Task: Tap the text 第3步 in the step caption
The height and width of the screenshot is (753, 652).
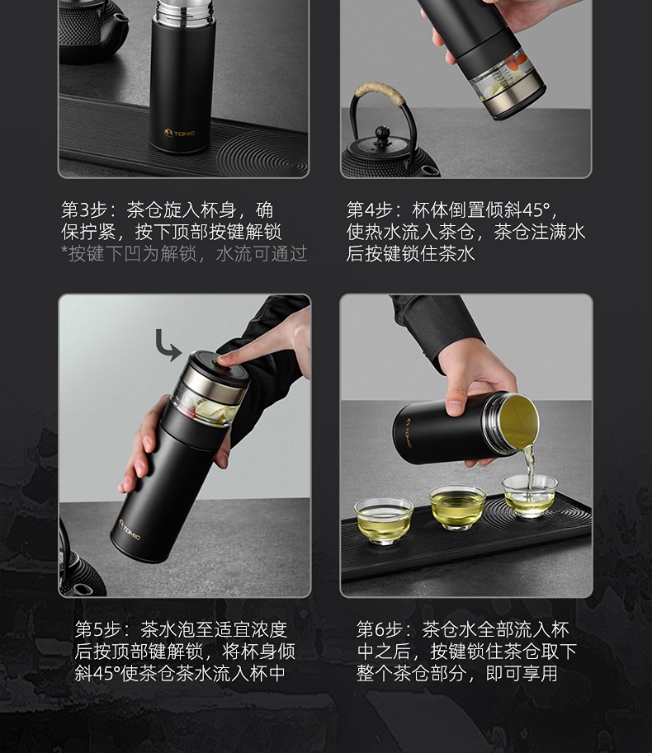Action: [x=84, y=210]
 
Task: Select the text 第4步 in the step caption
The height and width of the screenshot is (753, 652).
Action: [x=370, y=210]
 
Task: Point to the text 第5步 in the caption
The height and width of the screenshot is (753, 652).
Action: [x=97, y=629]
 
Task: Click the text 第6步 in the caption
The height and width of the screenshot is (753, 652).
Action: [x=379, y=629]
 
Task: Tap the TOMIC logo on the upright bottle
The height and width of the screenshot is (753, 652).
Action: [x=179, y=133]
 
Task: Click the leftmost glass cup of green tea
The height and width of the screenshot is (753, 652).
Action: [x=384, y=520]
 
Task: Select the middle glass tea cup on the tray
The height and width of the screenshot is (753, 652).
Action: [x=457, y=507]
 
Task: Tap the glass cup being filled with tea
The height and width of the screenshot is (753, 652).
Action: [x=530, y=496]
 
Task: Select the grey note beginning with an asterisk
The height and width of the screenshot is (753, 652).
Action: [x=184, y=253]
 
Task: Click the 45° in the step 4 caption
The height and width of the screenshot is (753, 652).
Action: [x=536, y=210]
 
